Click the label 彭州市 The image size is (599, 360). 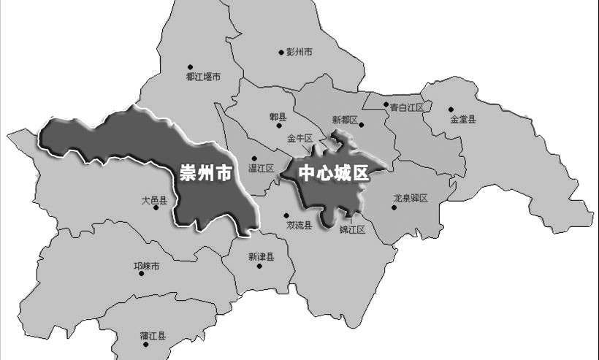(299, 52)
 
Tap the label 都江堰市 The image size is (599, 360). (203, 76)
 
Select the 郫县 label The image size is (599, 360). (278, 117)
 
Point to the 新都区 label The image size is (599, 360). (345, 120)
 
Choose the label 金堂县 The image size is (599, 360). (463, 119)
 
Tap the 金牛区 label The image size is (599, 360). (299, 137)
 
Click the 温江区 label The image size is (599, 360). (261, 168)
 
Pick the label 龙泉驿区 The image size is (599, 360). (414, 198)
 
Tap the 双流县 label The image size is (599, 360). (299, 226)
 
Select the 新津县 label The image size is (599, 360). (261, 256)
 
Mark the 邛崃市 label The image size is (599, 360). (146, 267)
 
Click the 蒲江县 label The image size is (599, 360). (153, 337)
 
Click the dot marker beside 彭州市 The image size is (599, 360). (281, 52)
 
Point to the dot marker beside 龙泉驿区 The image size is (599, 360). (394, 207)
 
